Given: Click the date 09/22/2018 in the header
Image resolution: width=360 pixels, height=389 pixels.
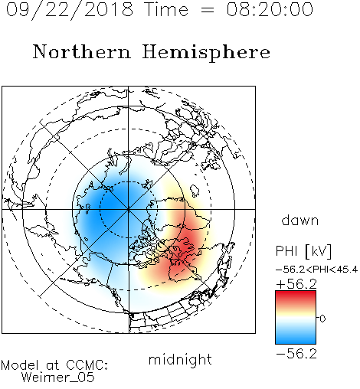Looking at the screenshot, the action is (70, 10).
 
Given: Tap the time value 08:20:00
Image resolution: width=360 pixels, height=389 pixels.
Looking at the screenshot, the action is (270, 9).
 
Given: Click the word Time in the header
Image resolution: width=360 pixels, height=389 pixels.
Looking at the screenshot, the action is (166, 9).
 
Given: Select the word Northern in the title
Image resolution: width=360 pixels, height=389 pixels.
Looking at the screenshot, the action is (82, 51).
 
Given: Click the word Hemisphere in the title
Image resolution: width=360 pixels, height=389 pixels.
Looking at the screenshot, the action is (206, 53).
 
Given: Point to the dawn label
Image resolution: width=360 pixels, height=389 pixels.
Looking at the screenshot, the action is (300, 220).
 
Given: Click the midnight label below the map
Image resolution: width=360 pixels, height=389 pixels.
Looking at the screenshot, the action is (180, 359).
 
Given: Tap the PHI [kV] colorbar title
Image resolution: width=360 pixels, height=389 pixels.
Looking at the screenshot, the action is (303, 251).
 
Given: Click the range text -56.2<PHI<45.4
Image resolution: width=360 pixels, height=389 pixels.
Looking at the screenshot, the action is (316, 270).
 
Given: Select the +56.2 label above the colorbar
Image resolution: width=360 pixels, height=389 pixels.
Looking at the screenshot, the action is (296, 284).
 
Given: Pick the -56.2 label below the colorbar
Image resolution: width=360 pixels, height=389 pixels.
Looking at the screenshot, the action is (296, 354).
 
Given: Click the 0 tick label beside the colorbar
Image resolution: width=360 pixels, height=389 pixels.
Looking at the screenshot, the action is (322, 319).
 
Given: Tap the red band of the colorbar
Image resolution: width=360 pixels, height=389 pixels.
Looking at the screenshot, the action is (296, 296).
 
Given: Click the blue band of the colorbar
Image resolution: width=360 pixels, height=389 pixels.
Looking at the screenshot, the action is (296, 336).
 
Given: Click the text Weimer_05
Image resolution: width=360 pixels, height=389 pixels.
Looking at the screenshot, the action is (57, 378).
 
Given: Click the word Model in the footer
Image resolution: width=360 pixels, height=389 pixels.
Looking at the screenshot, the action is (20, 365).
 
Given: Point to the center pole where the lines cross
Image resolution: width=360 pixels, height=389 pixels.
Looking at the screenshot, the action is (128, 209).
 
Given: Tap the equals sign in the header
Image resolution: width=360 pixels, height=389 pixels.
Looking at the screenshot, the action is (208, 10).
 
